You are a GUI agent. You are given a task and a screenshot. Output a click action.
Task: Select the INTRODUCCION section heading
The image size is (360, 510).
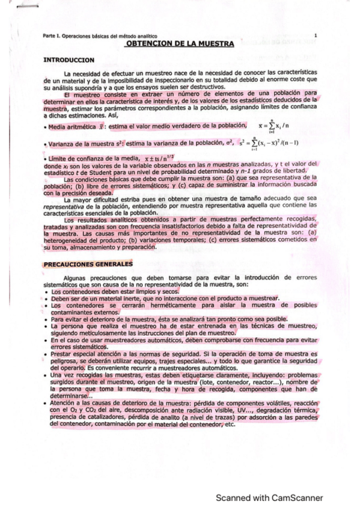click(x=69, y=60)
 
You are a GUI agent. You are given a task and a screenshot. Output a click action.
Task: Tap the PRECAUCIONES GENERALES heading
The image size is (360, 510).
click(x=89, y=263)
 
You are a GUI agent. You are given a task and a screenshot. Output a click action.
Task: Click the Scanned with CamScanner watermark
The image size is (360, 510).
click(x=269, y=497)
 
